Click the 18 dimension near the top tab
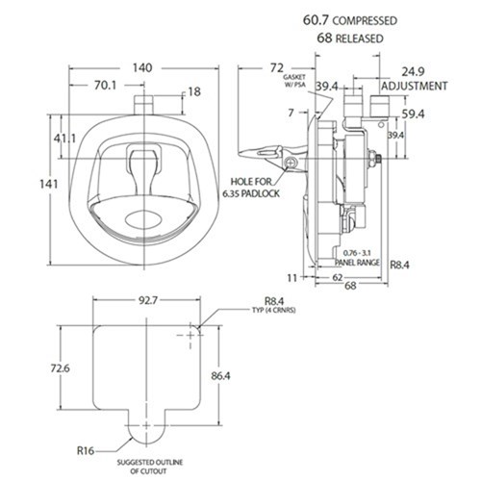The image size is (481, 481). coord(195,91)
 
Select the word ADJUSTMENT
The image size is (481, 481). coord(415,86)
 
